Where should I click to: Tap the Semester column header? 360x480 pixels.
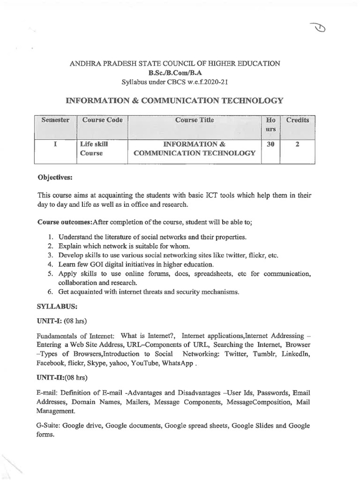55,120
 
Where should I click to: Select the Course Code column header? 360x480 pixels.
102,120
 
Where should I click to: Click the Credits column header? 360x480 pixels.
298,120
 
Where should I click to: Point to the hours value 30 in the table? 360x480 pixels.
270,144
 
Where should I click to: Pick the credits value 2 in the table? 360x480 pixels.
298,144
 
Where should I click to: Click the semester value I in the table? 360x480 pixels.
55,144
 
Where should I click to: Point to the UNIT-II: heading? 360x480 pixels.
51,377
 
